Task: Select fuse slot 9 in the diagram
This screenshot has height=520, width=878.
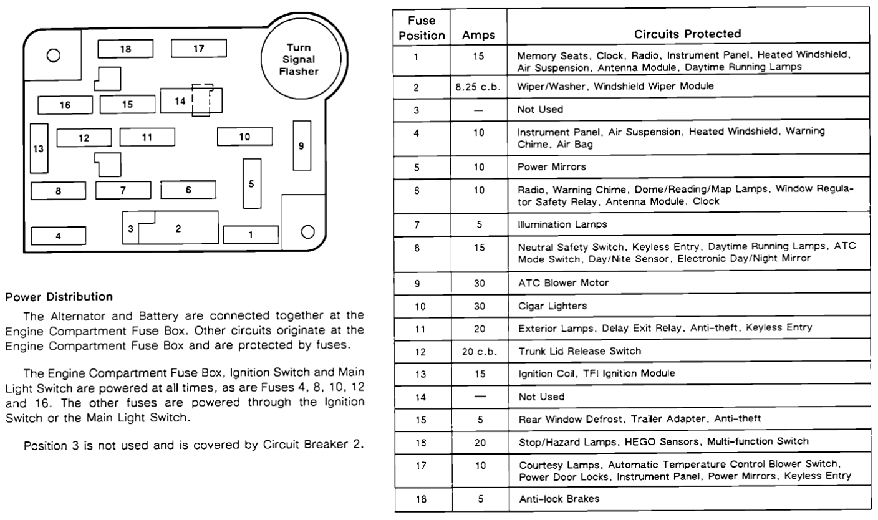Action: (x=301, y=146)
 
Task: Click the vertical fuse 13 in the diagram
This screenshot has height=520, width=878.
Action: (x=39, y=148)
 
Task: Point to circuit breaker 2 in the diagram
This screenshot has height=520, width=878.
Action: (x=178, y=228)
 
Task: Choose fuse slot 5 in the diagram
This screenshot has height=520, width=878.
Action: (x=251, y=183)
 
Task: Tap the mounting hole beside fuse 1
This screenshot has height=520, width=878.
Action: (x=306, y=232)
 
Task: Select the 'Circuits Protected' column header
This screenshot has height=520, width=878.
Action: (x=687, y=34)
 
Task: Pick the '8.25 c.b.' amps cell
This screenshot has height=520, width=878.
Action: (x=479, y=87)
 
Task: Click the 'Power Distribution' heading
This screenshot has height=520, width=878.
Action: (x=59, y=296)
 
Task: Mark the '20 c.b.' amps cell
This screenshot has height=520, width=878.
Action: (x=479, y=351)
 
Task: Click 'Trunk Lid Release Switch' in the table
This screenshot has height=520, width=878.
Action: (x=571, y=351)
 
